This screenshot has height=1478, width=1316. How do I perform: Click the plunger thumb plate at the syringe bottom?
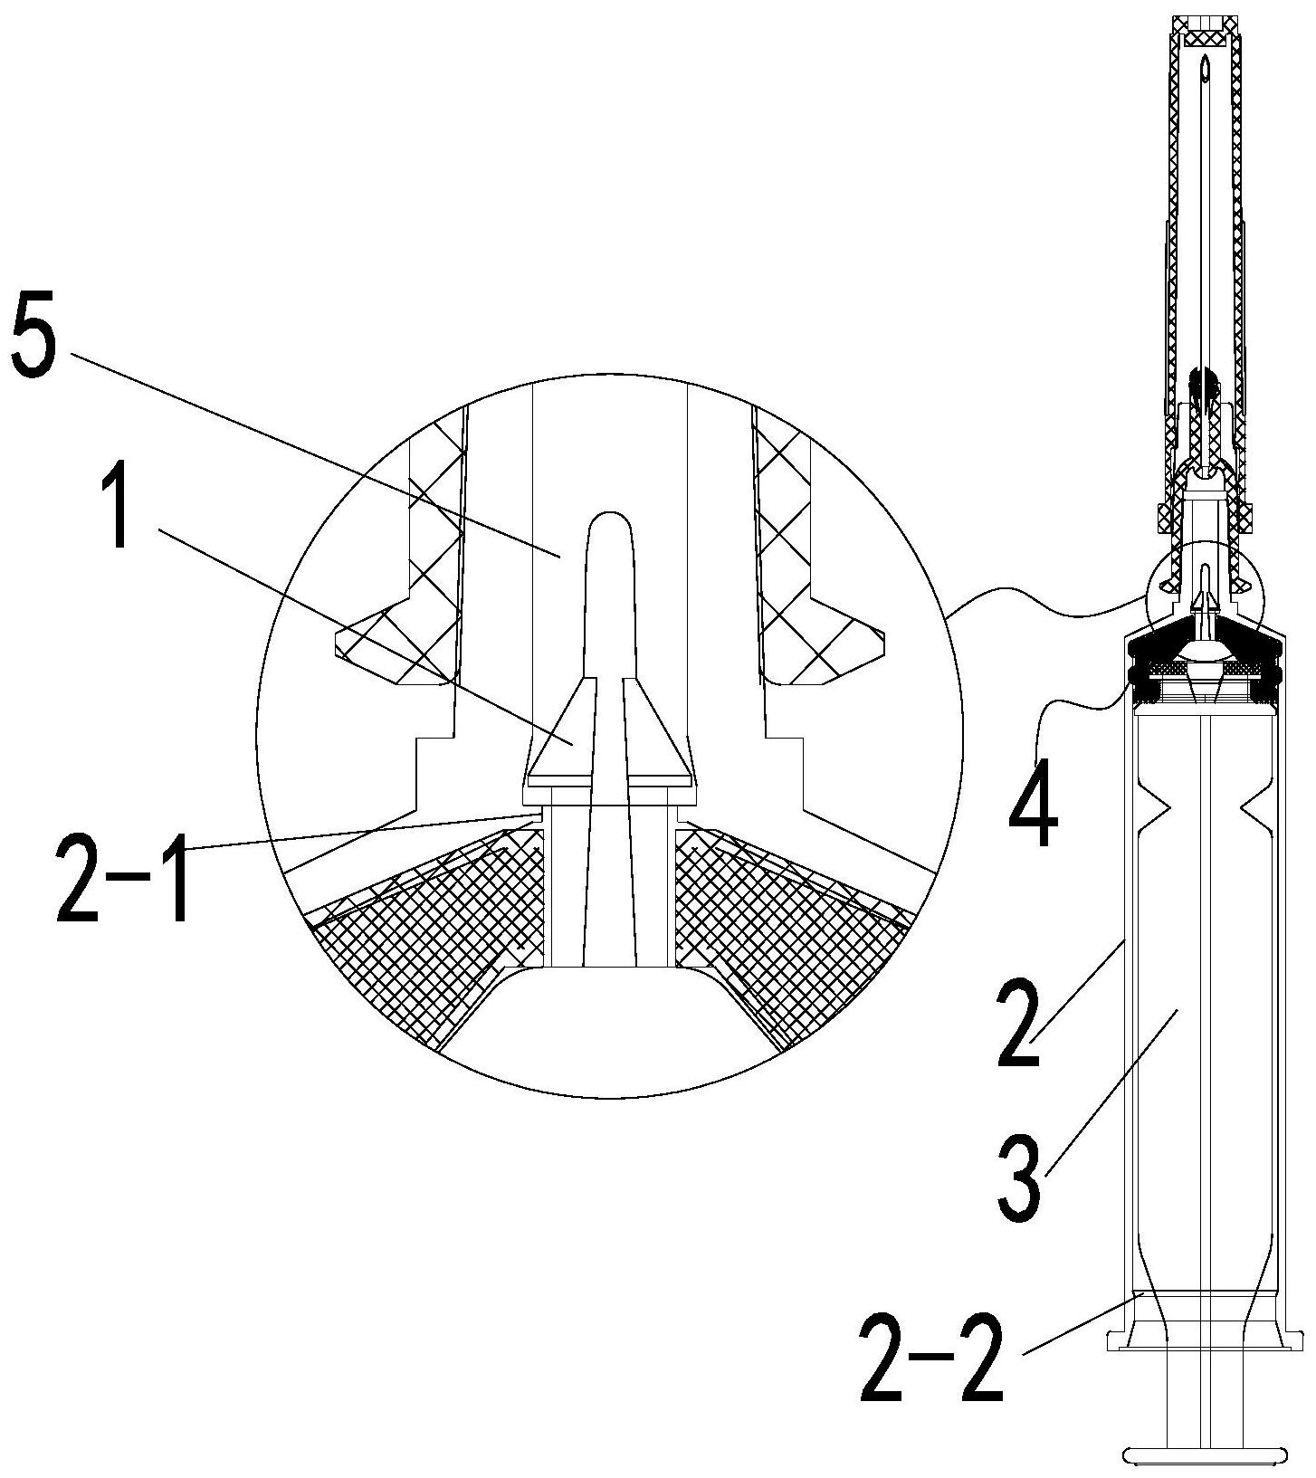1205,1455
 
